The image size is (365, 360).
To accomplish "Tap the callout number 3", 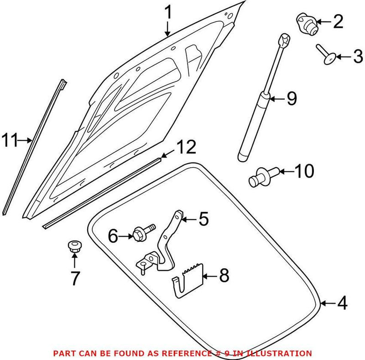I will (358, 57).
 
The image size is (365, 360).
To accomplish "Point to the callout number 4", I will (341, 302).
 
